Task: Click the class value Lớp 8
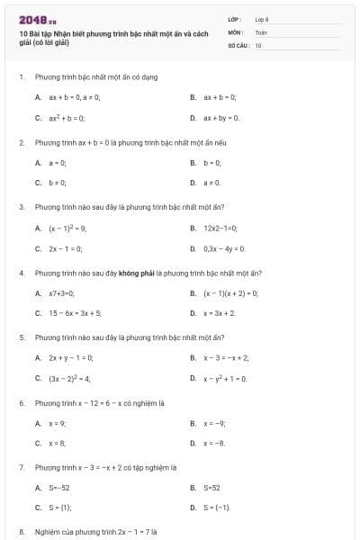pyautogui.click(x=262, y=18)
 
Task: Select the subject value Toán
pyautogui.click(x=261, y=31)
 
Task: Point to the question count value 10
pyautogui.click(x=258, y=44)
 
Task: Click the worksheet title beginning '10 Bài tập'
pyautogui.click(x=112, y=37)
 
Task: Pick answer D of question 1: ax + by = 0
pyautogui.click(x=221, y=117)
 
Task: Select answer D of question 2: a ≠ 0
pyautogui.click(x=212, y=183)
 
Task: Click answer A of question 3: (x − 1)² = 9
pyautogui.click(x=67, y=228)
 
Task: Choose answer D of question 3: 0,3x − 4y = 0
pyautogui.click(x=224, y=248)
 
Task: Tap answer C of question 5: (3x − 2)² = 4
pyautogui.click(x=69, y=379)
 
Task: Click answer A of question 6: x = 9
pyautogui.click(x=58, y=423)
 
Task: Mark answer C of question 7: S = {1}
pyautogui.click(x=59, y=508)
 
